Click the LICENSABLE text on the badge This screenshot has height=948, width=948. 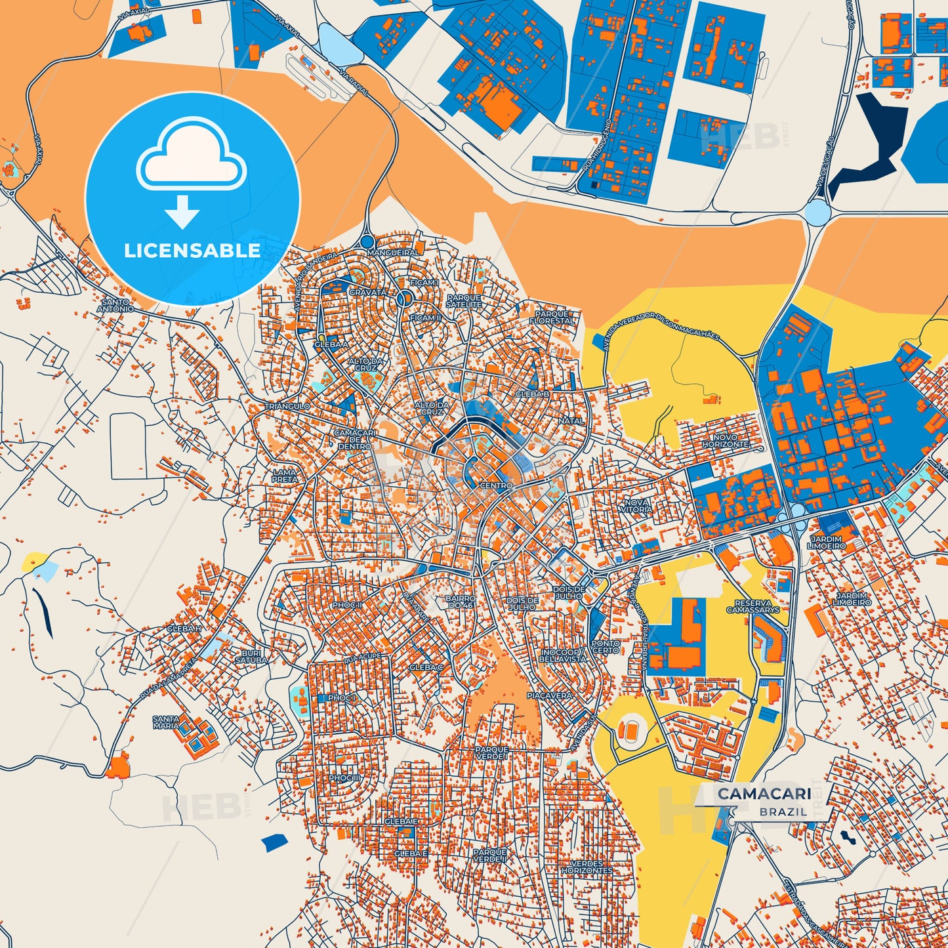[x=192, y=251]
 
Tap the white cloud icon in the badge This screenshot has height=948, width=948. [x=191, y=155]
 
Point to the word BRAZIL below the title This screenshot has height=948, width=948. [x=783, y=812]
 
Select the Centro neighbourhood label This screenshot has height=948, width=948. [x=496, y=485]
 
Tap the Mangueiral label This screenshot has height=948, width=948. [x=393, y=253]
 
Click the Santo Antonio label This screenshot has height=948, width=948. [x=115, y=305]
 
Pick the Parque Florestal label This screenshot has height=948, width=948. [x=552, y=318]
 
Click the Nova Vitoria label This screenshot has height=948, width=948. [x=636, y=505]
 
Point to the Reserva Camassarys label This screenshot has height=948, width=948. [x=753, y=606]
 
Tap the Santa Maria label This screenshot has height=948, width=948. [x=165, y=722]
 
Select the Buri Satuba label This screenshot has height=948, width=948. [x=251, y=657]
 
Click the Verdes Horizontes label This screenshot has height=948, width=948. [x=587, y=867]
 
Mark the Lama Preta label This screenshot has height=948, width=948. [x=285, y=476]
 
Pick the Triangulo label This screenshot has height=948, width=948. [x=287, y=407]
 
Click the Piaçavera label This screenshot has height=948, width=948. [x=550, y=695]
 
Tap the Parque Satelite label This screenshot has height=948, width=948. [x=463, y=301]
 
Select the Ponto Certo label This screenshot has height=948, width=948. [x=605, y=647]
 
